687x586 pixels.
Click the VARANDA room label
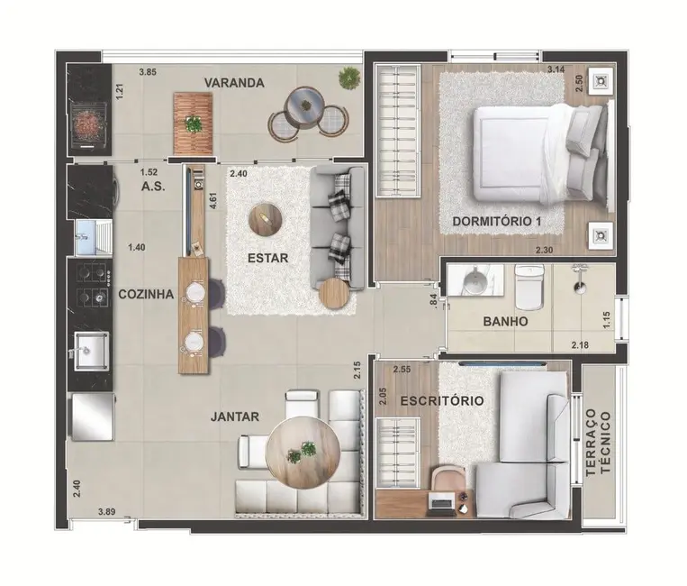(x=233, y=83)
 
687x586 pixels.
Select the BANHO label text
(x=504, y=321)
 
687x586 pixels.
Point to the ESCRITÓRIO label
(x=442, y=400)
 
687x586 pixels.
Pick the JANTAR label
(x=235, y=417)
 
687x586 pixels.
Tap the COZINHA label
(x=145, y=293)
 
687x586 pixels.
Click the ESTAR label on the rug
(x=267, y=258)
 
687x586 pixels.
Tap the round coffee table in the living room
(x=265, y=216)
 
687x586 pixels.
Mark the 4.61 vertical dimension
(x=213, y=199)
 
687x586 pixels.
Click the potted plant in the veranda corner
(x=348, y=78)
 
